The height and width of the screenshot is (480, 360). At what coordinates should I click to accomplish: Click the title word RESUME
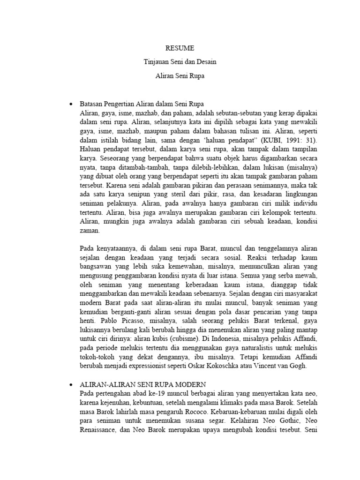click(x=180, y=48)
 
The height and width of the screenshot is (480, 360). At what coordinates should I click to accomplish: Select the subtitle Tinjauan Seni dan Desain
click(x=180, y=61)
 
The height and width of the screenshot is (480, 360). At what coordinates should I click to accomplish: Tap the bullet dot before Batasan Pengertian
click(x=71, y=104)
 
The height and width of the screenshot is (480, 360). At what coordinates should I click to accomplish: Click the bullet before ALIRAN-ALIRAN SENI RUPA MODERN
click(x=71, y=384)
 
